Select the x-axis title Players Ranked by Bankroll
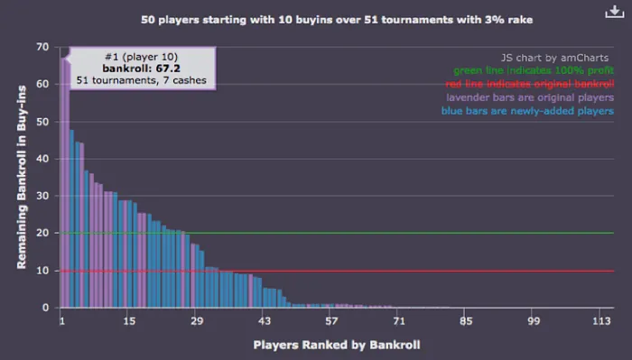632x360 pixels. [337, 344]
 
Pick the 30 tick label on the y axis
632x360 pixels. [42, 196]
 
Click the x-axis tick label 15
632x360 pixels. [129, 320]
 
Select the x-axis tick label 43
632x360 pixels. [265, 320]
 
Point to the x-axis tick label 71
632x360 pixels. [399, 320]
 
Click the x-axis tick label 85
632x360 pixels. [467, 320]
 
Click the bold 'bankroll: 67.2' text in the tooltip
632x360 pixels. [141, 68]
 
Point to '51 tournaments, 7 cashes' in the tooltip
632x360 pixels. [141, 80]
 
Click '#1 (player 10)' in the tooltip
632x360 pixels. [141, 55]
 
